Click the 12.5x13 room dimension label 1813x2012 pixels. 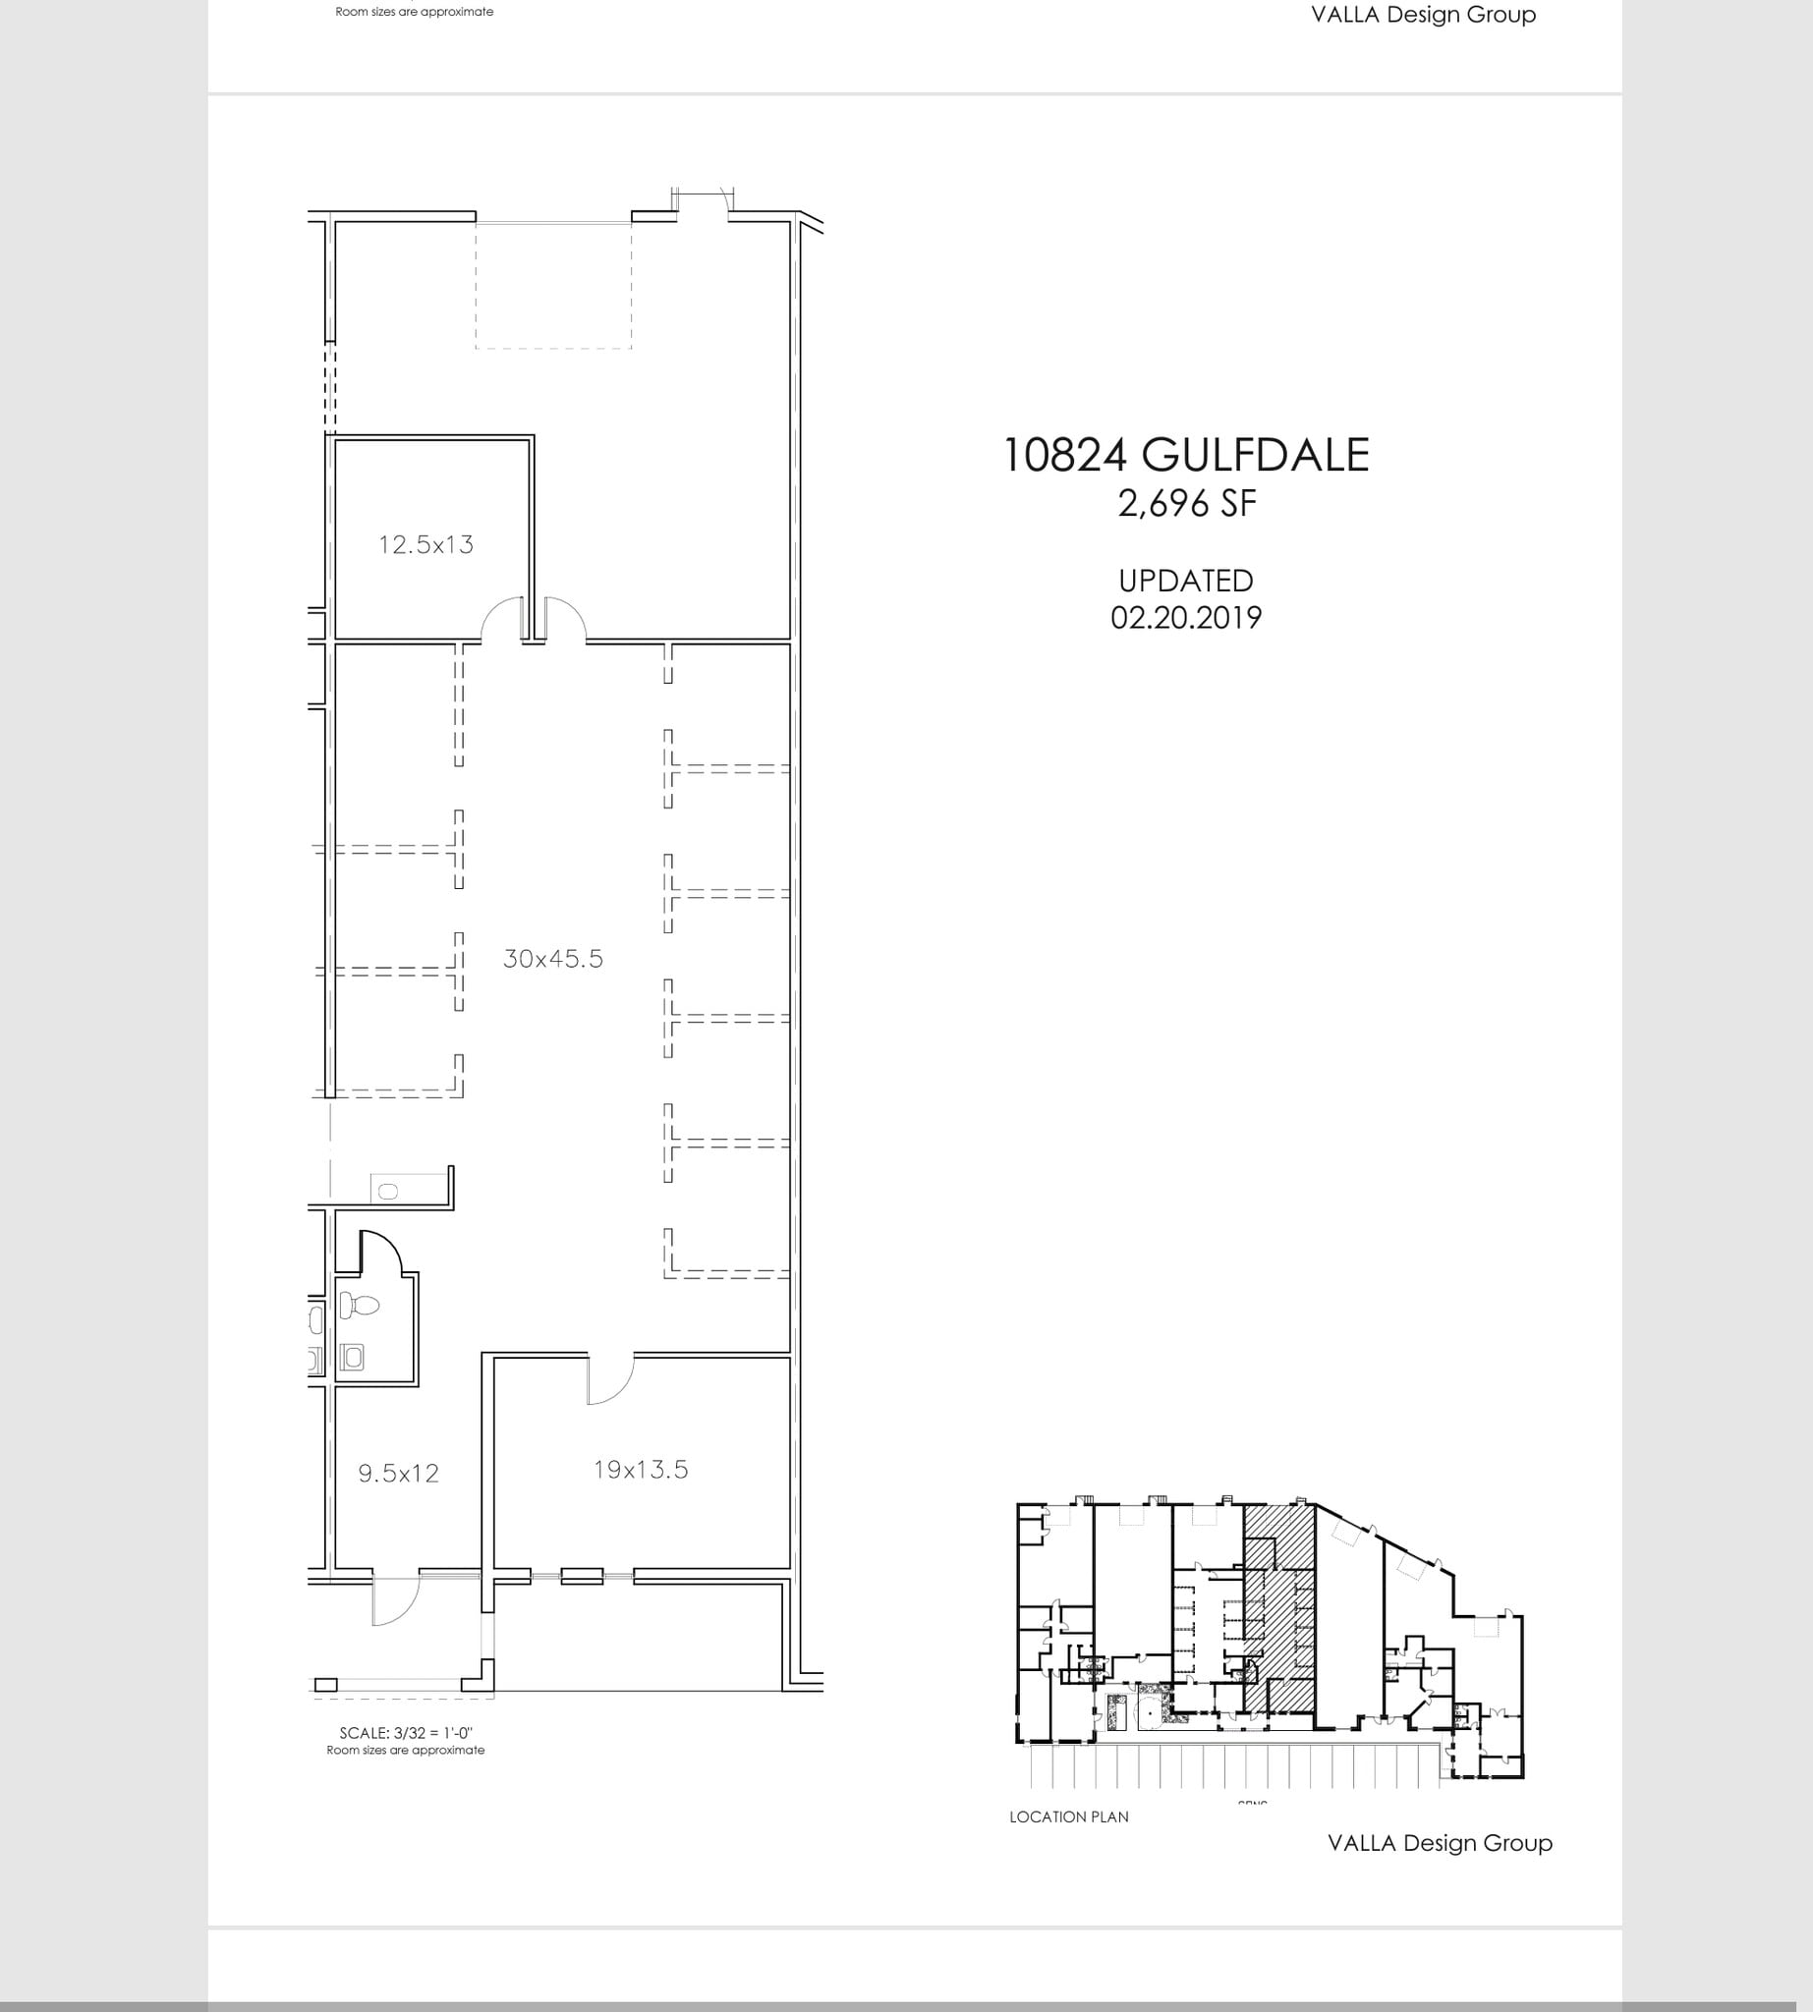click(425, 545)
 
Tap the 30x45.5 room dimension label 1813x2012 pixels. click(553, 958)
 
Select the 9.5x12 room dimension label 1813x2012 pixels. click(398, 1474)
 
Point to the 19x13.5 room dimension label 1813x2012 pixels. click(641, 1469)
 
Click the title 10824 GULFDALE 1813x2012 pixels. click(1185, 455)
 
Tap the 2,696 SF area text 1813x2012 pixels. click(1186, 504)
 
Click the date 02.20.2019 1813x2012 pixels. click(1185, 618)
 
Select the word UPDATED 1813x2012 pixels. click(1185, 581)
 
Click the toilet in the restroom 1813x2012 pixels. click(359, 1304)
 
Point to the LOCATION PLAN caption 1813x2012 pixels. click(1069, 1816)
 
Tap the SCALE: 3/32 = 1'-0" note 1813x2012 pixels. click(406, 1733)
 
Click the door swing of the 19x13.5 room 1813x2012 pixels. click(609, 1380)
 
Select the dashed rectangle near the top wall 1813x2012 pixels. click(553, 286)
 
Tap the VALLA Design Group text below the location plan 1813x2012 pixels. click(1440, 1843)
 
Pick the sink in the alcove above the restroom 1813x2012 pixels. click(387, 1192)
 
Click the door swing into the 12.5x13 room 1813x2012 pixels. click(501, 619)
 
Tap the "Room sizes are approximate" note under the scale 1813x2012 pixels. click(406, 1750)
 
